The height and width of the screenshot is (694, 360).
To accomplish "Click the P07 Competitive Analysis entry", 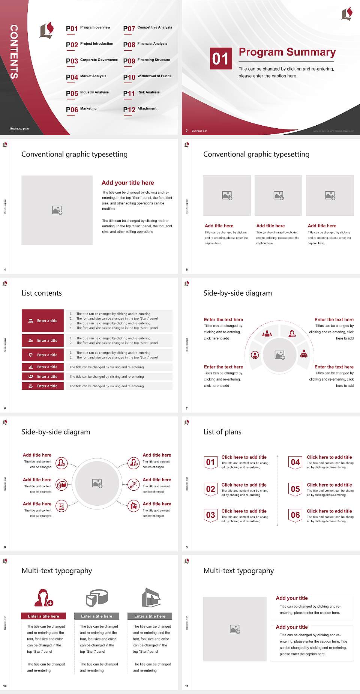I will tap(147, 28).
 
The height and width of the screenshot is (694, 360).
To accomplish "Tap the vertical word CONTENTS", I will tap(14, 51).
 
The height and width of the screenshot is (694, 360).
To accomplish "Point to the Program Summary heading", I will tap(287, 52).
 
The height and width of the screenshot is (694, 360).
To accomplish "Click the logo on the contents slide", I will tap(46, 30).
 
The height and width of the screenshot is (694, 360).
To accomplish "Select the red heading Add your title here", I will tap(127, 183).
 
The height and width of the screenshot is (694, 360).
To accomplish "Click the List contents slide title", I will tap(42, 293).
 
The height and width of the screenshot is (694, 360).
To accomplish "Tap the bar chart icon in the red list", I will tap(31, 367).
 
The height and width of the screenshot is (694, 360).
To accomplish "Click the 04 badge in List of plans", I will tap(295, 462).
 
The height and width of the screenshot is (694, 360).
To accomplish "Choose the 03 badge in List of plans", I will tap(210, 515).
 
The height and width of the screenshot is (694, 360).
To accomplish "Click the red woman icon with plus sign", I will tap(43, 598).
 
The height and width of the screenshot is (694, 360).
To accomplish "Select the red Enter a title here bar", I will tap(43, 616).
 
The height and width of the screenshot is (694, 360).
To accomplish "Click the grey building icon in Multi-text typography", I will tap(151, 597).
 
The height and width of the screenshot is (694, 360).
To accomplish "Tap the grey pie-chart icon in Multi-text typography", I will tap(97, 598).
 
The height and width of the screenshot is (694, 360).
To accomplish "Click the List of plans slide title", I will tap(222, 432).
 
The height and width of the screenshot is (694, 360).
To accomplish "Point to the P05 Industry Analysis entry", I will tap(87, 93).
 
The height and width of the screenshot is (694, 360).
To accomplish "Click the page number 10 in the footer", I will tap(5, 686).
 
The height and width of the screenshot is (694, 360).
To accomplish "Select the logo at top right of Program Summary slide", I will tap(347, 14).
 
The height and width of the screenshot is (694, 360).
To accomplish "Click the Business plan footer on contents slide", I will tap(19, 129).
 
